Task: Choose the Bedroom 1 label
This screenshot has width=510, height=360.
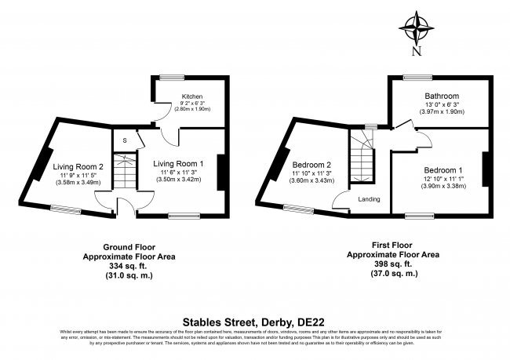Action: point(443,170)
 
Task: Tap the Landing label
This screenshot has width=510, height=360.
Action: point(369,199)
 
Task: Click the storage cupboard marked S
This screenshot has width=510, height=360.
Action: point(124,140)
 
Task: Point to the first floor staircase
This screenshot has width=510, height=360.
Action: point(362,156)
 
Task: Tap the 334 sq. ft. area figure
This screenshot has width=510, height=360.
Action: point(129,266)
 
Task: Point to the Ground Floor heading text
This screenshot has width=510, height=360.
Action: point(129,246)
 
